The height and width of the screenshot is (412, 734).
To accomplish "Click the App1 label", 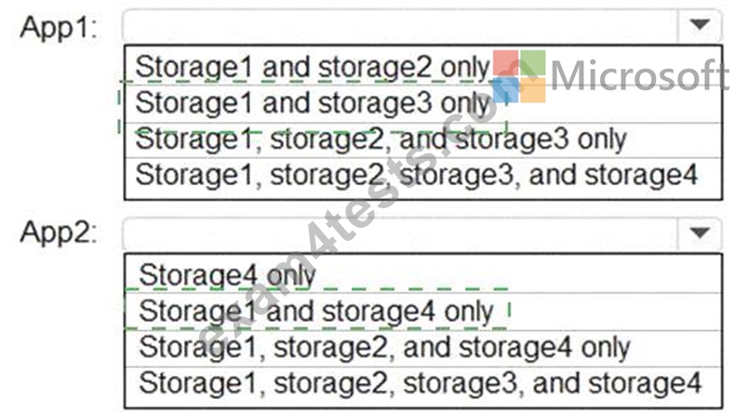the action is pos(58,27).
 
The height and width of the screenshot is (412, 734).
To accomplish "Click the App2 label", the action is pos(58,232).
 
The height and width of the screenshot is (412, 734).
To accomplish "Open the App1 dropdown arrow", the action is pos(700,24).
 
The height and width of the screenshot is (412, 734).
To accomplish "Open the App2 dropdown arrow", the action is pos(700,233).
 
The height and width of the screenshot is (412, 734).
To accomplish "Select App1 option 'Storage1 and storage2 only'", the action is pos(313,67).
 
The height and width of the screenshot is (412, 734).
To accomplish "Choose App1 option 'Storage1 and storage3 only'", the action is pos(313,102).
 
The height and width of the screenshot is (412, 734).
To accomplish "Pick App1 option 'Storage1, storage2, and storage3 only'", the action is pos(380,139).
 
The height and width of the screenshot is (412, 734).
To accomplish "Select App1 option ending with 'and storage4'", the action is pos(416,175).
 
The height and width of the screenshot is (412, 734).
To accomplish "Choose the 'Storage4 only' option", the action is pos(228,275).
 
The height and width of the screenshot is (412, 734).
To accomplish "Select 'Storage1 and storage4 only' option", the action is pos(316,311).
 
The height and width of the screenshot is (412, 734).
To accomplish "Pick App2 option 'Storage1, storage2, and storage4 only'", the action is pos(384,348).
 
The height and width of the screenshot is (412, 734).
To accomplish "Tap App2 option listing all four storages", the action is pos(420,383).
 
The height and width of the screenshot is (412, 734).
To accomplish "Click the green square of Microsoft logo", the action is pos(533,62).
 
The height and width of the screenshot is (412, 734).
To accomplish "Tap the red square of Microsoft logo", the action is pos(505,62).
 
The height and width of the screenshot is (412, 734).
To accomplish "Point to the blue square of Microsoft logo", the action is pos(505,90).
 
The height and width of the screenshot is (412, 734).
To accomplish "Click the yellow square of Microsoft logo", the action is pos(533,90).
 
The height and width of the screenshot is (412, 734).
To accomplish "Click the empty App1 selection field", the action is pos(400,24).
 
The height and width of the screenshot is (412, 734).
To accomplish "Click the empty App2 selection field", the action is pos(400,233).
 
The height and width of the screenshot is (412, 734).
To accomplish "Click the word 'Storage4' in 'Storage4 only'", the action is pos(198,275).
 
